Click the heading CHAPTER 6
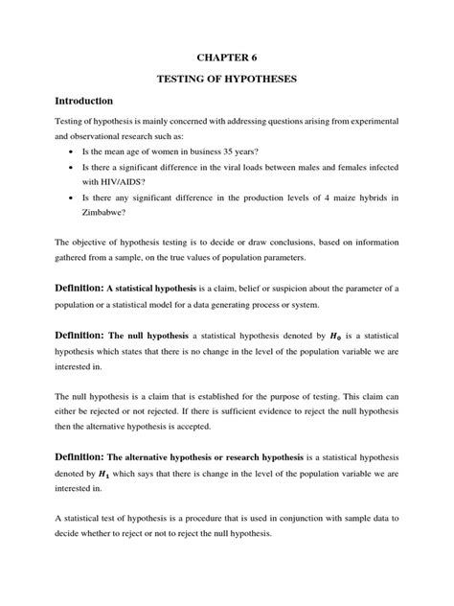pyautogui.click(x=227, y=59)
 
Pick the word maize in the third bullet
pyautogui.click(x=331, y=198)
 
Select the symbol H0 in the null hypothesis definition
pyautogui.click(x=333, y=337)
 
